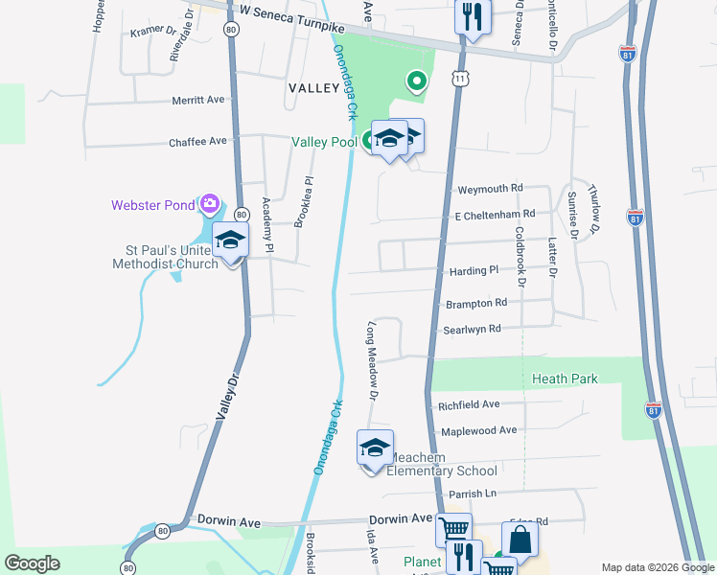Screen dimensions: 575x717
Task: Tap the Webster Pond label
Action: click(153, 204)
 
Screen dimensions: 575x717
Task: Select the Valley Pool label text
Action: click(324, 142)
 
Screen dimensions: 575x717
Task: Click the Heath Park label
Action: click(565, 379)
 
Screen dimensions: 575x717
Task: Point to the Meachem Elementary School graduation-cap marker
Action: click(375, 448)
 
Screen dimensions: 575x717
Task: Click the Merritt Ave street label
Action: click(197, 100)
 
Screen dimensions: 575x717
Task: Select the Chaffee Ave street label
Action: click(197, 141)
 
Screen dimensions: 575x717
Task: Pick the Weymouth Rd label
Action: click(490, 189)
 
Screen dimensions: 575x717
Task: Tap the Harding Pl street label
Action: click(474, 271)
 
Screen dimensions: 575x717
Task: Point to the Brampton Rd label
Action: click(475, 303)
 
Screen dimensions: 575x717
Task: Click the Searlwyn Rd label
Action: click(472, 329)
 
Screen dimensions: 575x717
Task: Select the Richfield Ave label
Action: click(469, 404)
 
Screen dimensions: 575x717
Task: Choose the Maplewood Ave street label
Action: click(477, 430)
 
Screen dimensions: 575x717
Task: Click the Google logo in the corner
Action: click(33, 563)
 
